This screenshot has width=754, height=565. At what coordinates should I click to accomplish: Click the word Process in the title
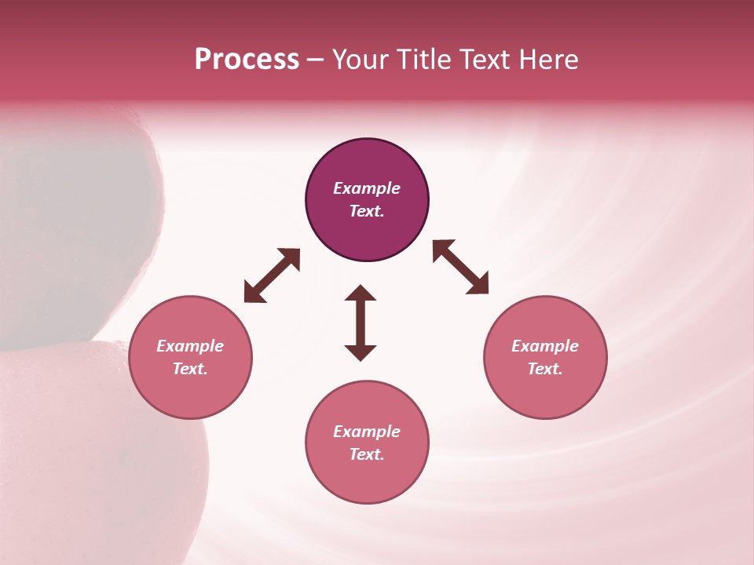(247, 60)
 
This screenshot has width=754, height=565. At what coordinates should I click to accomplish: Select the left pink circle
(190, 392)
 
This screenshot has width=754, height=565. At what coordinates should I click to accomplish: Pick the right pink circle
(545, 392)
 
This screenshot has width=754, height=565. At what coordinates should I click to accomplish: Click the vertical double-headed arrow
(361, 323)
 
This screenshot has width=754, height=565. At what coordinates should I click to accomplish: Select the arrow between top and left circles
(272, 275)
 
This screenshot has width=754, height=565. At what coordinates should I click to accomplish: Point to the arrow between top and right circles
(460, 267)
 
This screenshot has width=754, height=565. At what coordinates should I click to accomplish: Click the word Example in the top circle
(367, 188)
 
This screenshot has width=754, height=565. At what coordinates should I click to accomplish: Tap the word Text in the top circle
(367, 211)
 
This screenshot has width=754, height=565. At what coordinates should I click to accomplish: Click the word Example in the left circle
(190, 346)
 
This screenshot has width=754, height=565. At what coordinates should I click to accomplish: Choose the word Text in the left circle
(190, 369)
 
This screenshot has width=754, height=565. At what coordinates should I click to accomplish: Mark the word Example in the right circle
(545, 346)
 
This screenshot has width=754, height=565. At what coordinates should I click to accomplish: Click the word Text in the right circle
(545, 369)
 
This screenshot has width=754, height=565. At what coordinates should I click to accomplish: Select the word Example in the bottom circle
(367, 432)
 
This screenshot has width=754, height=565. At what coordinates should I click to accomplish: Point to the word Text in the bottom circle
(367, 454)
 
